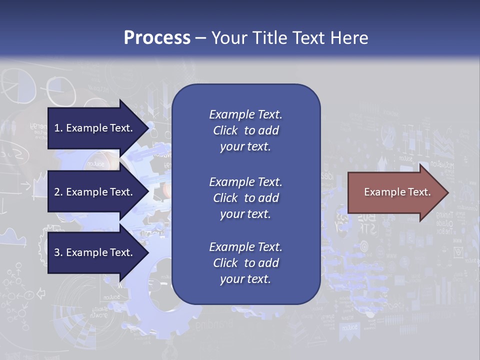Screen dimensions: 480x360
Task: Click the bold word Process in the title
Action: (x=157, y=38)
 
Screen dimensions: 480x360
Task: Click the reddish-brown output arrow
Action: (x=395, y=192)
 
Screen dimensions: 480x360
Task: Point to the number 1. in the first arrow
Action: (x=58, y=128)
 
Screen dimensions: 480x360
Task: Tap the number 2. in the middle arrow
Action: (x=58, y=192)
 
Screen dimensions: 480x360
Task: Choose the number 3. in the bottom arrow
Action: (x=58, y=252)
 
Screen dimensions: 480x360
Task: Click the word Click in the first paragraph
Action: (x=225, y=130)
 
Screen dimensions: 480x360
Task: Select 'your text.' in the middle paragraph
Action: (x=245, y=214)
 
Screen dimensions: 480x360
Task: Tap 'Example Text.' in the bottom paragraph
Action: (x=245, y=247)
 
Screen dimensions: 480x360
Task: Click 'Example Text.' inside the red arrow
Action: (x=397, y=192)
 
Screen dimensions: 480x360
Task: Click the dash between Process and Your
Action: (x=201, y=38)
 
